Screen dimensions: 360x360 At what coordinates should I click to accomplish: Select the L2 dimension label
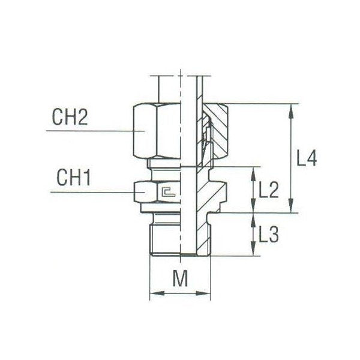[x=268, y=190]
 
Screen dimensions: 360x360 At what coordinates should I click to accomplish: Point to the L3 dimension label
[x=268, y=235]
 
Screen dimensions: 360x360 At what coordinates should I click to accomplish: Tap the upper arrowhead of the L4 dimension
[x=292, y=109]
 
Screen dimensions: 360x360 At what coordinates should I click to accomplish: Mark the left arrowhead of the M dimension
[x=153, y=294]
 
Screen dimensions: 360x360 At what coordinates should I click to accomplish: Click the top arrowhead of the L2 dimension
[x=251, y=171]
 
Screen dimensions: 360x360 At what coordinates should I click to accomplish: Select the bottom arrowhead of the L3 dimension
[x=251, y=252]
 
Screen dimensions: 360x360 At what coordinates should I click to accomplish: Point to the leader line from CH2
[x=90, y=131]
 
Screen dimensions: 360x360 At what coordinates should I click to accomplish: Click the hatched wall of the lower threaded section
[x=205, y=234]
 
